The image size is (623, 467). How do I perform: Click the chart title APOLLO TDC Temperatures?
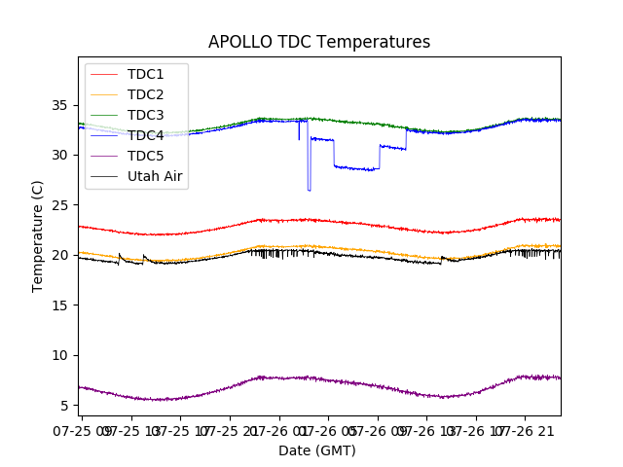click(319, 42)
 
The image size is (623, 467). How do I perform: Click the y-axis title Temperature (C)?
click(38, 235)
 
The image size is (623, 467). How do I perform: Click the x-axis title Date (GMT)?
click(317, 450)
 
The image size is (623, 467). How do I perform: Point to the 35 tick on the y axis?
click(63, 105)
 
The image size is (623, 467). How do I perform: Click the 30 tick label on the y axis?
click(63, 155)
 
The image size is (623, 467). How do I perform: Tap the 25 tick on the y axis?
click(63, 205)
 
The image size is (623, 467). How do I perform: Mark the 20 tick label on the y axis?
click(63, 255)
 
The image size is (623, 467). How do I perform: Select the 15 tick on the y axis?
click(63, 305)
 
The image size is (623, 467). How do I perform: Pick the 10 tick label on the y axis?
click(63, 355)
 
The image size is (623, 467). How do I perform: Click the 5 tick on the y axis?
click(67, 406)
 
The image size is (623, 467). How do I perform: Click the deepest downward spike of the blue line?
click(310, 190)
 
